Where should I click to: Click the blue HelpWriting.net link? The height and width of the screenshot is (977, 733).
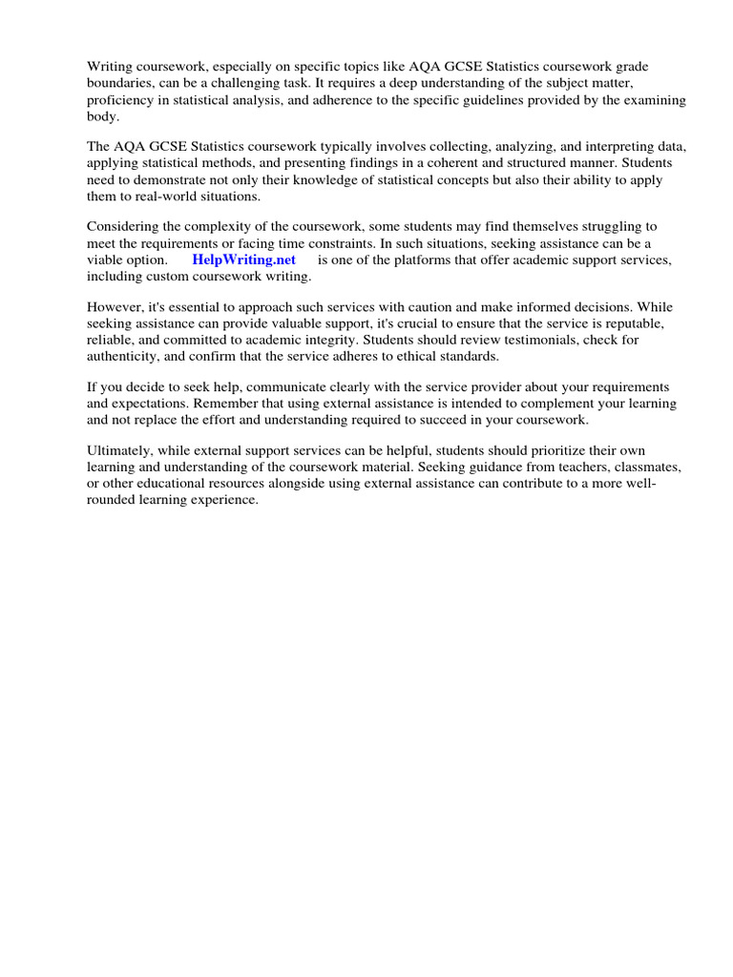[x=244, y=260]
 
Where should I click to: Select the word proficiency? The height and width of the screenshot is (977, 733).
[x=122, y=100]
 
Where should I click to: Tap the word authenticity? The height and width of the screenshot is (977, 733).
[x=124, y=356]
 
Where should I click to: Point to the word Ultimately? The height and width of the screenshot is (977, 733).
[x=120, y=450]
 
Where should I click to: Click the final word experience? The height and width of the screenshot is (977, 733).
[x=224, y=499]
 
